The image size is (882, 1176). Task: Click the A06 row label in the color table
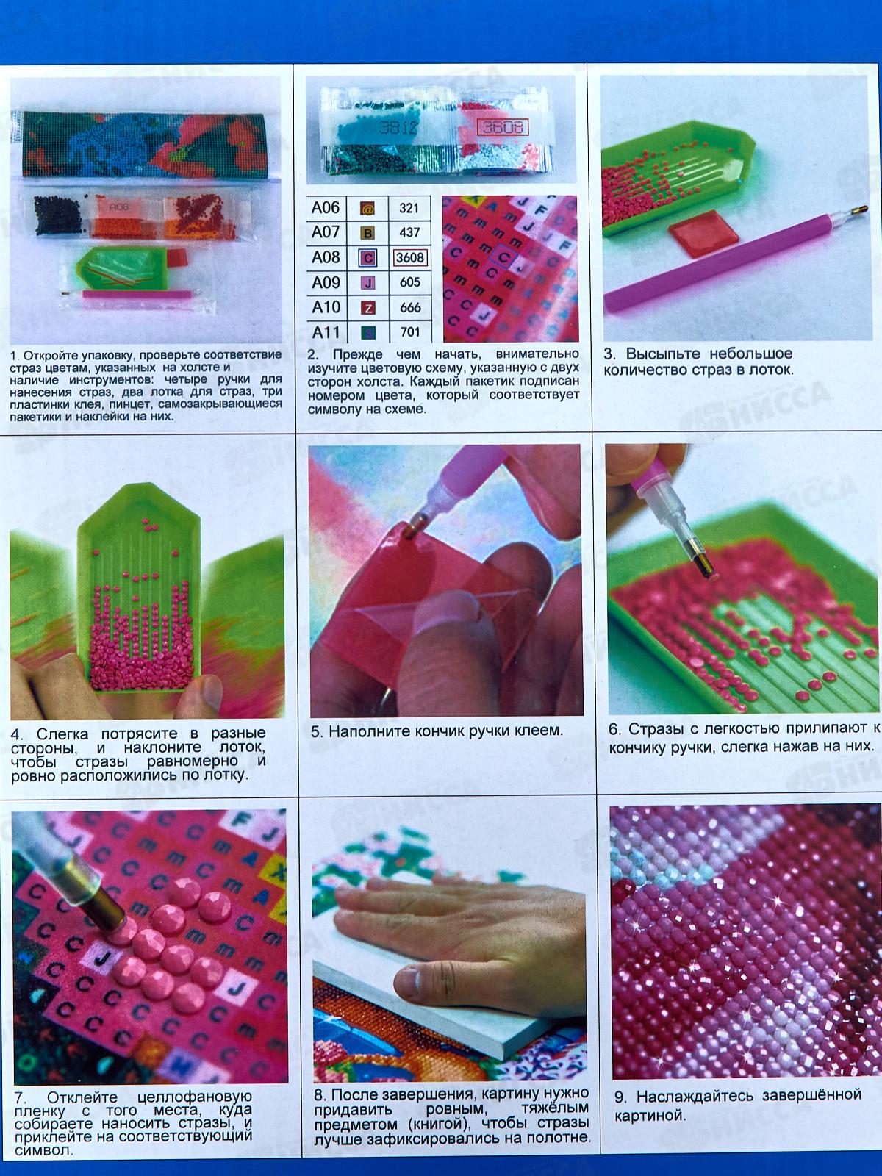326,207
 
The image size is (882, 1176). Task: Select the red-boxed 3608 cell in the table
409,258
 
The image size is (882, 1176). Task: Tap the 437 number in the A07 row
409,232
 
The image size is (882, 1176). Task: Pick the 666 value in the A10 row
409,307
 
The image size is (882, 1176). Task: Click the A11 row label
326,332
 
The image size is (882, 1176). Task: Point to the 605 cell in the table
409,282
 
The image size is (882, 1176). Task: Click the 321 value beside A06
409,208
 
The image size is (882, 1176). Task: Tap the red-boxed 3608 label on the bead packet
502,127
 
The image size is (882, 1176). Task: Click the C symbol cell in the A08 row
367,258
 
